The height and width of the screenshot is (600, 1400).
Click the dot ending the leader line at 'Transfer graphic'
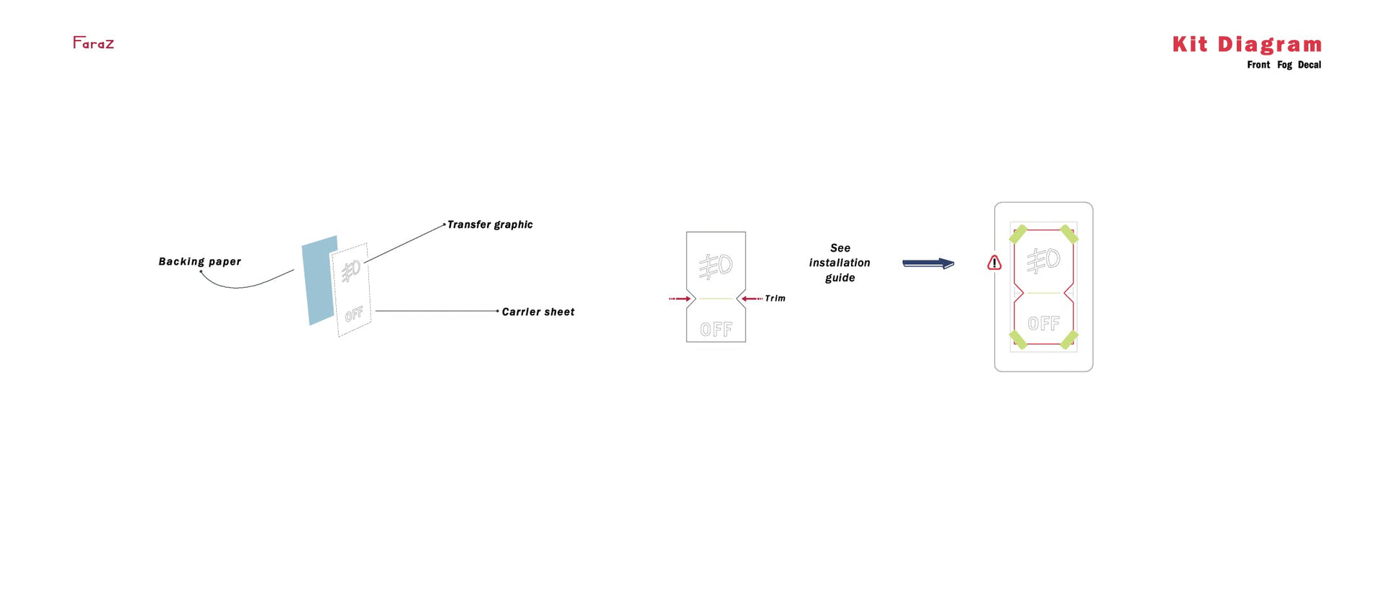point(445,224)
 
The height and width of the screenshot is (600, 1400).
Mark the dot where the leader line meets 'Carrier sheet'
point(498,311)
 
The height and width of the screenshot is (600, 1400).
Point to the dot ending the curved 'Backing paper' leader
point(201,271)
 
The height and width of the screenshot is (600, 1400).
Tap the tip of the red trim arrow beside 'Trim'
point(742,299)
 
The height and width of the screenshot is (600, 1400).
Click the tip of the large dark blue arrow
point(955,264)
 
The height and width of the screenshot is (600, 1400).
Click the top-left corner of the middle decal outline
point(686,232)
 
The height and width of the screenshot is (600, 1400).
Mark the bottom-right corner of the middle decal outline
point(746,342)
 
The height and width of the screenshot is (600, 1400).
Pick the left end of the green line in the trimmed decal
point(699,299)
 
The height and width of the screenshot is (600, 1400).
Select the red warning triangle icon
point(994,263)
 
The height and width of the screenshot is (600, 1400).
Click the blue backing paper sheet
point(319,281)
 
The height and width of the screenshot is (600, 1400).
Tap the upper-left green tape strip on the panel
point(1018,234)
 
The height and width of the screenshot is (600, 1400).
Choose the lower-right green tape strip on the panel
point(1069,339)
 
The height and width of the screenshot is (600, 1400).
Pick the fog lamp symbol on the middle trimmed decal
point(716,266)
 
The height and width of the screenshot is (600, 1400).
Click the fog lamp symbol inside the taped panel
point(1043,260)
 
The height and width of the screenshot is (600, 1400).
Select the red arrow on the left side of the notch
point(680,299)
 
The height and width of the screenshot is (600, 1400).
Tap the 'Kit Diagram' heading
point(1247,45)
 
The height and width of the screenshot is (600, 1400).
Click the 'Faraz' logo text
point(94,43)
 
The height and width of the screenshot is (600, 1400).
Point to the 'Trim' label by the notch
point(775,299)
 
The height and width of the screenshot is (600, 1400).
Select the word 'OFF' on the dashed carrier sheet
point(354,314)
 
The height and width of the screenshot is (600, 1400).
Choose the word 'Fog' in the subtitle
point(1284,65)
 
